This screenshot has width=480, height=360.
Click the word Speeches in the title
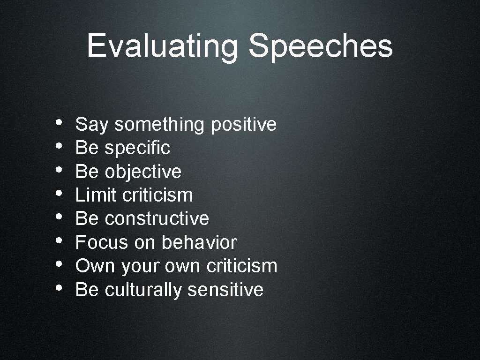[321, 46]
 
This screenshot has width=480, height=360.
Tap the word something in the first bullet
[159, 125]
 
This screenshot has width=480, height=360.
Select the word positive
[244, 125]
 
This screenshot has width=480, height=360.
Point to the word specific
[137, 149]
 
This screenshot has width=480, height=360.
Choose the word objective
[143, 172]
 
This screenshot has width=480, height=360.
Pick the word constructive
[157, 218]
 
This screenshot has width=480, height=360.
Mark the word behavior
[199, 242]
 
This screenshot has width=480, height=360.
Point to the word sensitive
[225, 290]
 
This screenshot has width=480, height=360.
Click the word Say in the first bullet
[91, 125]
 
